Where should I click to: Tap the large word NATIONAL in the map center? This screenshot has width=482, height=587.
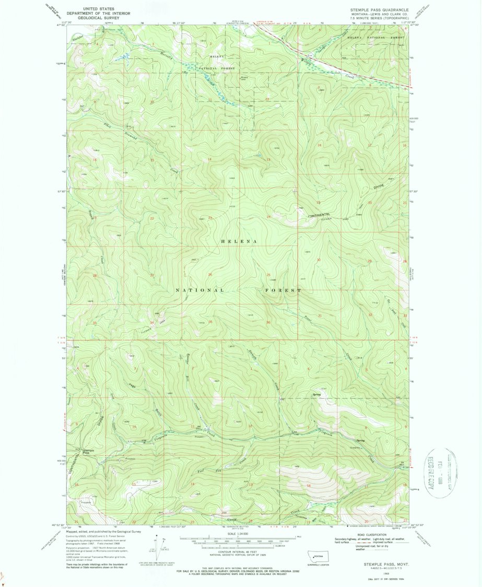pyautogui.click(x=200, y=290)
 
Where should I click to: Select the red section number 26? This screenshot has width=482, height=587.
pyautogui.click(x=210, y=275)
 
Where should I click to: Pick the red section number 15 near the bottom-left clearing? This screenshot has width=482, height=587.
pyautogui.click(x=134, y=484)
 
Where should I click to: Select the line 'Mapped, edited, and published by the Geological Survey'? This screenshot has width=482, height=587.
pyautogui.click(x=103, y=531)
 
